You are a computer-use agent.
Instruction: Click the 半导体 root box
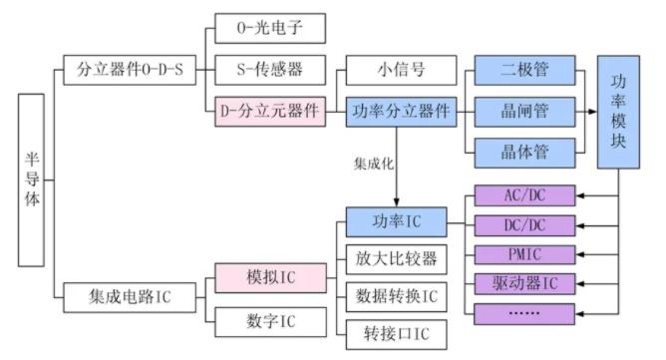tap(32, 180)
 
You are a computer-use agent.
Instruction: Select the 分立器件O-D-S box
tap(130, 70)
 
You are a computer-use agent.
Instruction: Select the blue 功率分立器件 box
tap(401, 112)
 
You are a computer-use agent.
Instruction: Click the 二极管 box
tap(525, 70)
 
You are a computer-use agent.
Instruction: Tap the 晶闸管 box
tap(525, 112)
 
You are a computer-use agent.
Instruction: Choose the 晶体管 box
tap(525, 152)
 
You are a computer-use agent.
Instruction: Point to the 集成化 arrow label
tap(373, 160)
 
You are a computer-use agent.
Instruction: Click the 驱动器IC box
tap(524, 283)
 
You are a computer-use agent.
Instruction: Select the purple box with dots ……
tap(524, 314)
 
